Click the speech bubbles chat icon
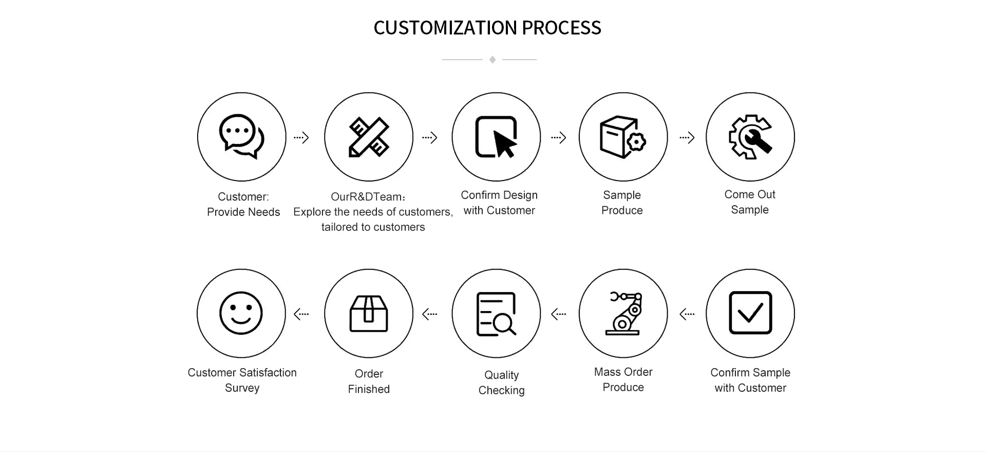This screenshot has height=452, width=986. pos(241,136)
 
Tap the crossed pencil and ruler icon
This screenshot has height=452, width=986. pos(369,137)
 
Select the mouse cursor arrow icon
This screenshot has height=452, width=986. pos(496,137)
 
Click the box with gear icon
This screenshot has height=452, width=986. pos(623,137)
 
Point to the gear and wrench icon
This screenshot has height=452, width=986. pos(750,137)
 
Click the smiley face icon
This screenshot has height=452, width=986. pos(241,313)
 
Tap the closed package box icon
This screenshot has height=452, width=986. pos(369,314)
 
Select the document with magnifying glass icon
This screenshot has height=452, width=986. pos(496,314)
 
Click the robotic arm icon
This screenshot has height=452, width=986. pos(623,314)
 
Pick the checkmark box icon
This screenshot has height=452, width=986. pos(750,313)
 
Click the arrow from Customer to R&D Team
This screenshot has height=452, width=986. pos(301,137)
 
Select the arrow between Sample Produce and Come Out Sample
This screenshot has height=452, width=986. pos(687,137)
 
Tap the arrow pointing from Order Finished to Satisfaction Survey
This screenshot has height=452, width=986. pos(301,314)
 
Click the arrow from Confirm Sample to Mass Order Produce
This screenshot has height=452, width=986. pos(687,314)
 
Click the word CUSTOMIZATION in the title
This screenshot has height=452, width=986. pos(445,28)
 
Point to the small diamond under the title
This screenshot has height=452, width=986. pos(492,60)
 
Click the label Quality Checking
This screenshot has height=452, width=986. pos(502,383)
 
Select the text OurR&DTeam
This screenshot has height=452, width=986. pos(366,197)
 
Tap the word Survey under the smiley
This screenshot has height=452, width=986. pos(242,388)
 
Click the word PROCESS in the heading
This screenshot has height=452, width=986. pos(561,28)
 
